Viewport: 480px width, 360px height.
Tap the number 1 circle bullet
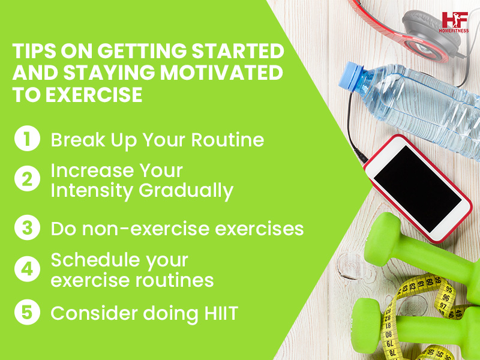pyautogui.click(x=26, y=140)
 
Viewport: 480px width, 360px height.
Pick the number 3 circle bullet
pyautogui.click(x=26, y=229)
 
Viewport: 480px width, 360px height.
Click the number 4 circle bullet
pyautogui.click(x=26, y=270)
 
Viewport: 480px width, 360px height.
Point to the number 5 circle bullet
pyautogui.click(x=26, y=313)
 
